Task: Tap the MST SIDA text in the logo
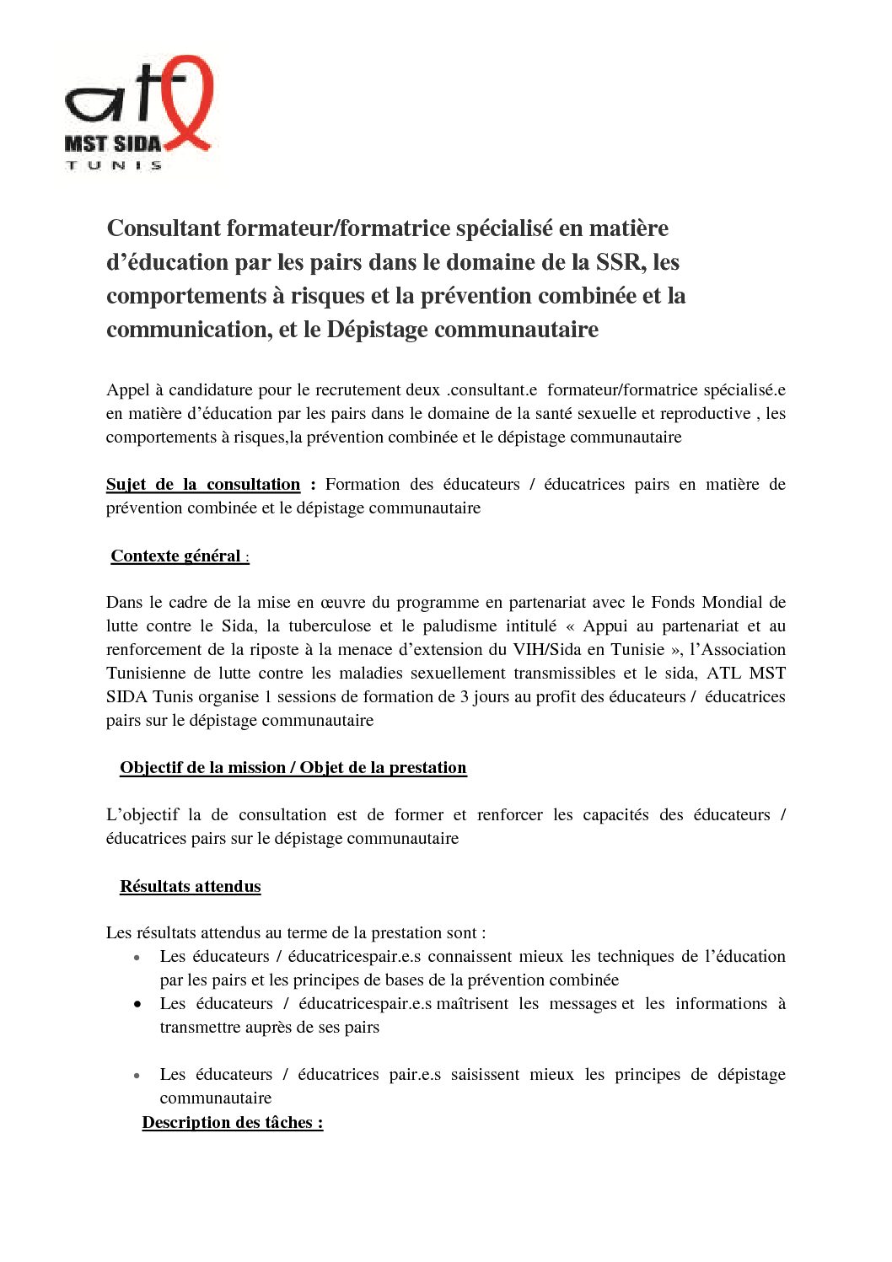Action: [112, 143]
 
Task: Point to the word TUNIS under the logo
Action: [114, 165]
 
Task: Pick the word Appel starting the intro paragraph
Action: [127, 389]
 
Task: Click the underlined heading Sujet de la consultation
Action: [203, 484]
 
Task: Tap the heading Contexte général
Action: [176, 556]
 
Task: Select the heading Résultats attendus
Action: [191, 886]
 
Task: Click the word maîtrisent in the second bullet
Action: [473, 1003]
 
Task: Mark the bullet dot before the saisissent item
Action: [137, 1076]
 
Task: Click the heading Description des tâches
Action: [233, 1122]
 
